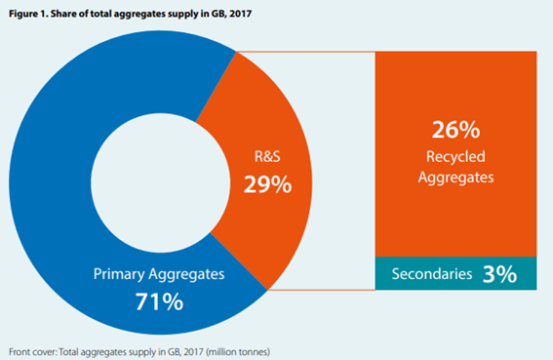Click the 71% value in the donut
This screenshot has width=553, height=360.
click(x=159, y=301)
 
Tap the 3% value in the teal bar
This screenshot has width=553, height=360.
click(x=498, y=274)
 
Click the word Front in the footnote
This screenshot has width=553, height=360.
click(x=22, y=348)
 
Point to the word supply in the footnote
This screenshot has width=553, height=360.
click(x=145, y=348)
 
